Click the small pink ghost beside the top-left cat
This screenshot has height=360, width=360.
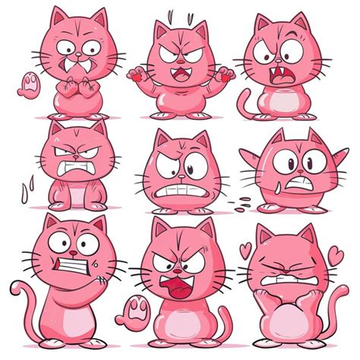pos(29,84)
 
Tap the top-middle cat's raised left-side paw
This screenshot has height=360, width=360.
pos(137,75)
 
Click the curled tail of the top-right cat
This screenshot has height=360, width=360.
pos(244,103)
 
